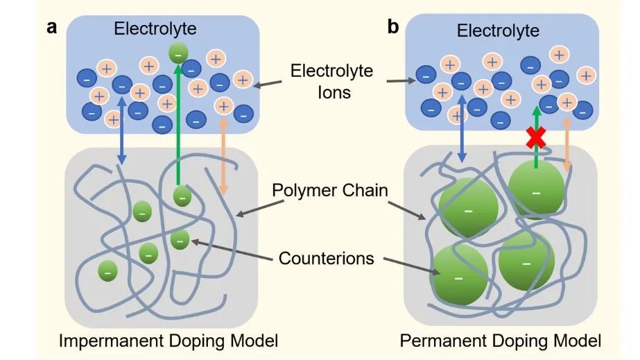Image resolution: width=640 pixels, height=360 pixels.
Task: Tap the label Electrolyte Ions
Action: pyautogui.click(x=331, y=80)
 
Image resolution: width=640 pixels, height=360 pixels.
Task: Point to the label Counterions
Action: pyautogui.click(x=326, y=258)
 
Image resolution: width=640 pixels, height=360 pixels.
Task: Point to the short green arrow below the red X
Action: pyautogui.click(x=535, y=154)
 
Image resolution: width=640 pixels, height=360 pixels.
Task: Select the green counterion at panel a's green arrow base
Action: pyautogui.click(x=182, y=197)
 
